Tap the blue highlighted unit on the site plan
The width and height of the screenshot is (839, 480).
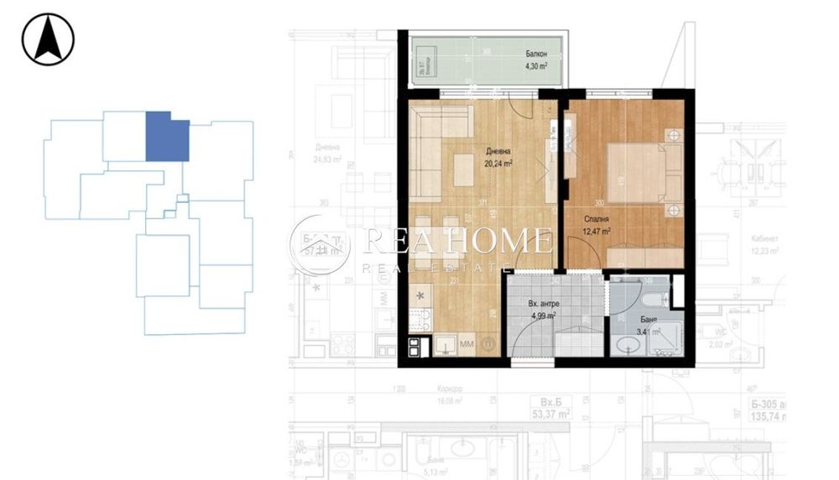167,137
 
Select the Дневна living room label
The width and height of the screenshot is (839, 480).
498,152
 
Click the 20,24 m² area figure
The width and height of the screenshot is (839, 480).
498,164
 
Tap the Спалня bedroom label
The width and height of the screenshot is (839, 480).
597,219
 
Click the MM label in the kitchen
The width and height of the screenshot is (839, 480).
466,344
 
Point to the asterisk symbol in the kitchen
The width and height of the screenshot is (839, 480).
421,295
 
